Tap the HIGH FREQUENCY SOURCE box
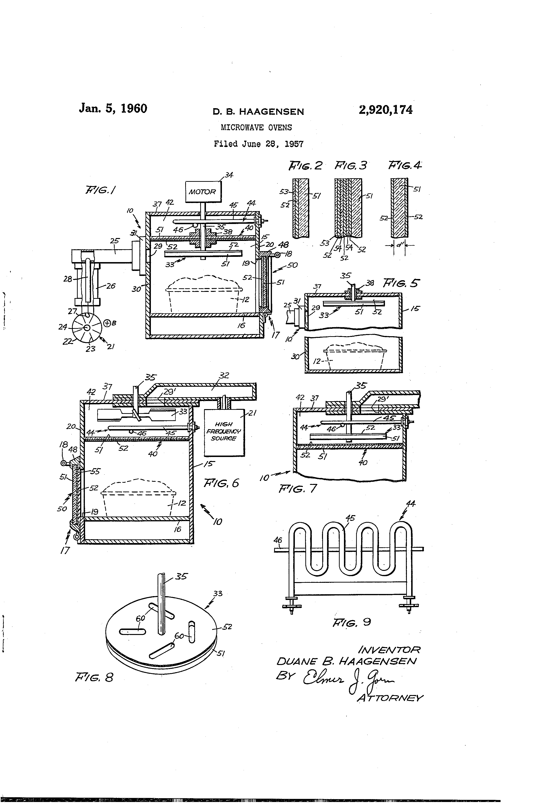coord(224,432)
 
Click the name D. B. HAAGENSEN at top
coord(258,112)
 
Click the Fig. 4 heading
coord(405,165)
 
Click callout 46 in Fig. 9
coord(277,540)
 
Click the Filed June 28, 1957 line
coord(258,144)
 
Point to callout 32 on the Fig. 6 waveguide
coord(224,375)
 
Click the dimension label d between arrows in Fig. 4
coord(399,245)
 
